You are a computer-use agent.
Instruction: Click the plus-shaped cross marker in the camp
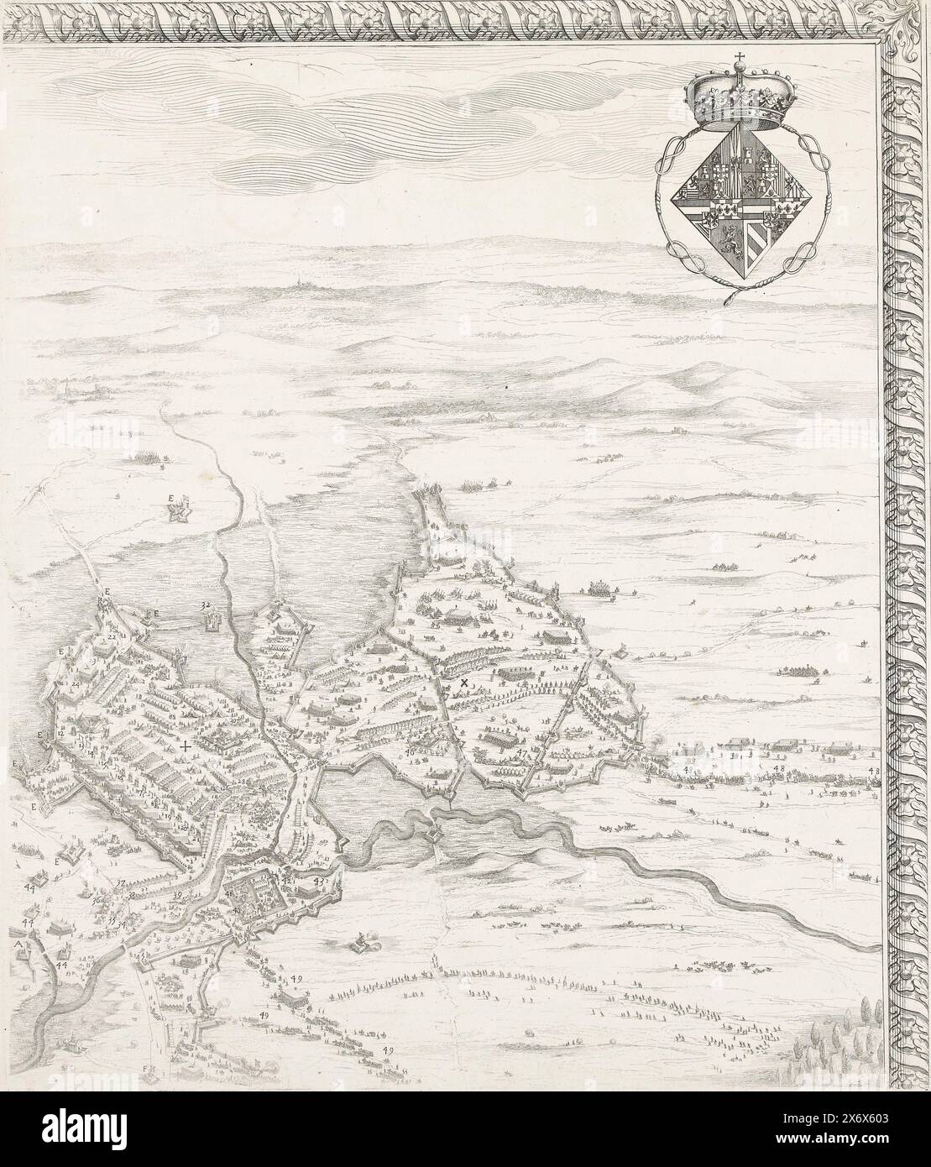click(x=185, y=746)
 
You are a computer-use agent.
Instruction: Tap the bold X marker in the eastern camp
click(x=463, y=685)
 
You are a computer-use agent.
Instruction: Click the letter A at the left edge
click(x=18, y=945)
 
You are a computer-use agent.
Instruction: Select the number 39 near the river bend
click(x=177, y=896)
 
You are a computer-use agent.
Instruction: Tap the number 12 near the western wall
click(x=60, y=734)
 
